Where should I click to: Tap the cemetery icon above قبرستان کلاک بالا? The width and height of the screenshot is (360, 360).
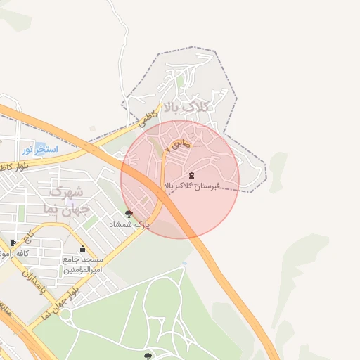click(x=192, y=175)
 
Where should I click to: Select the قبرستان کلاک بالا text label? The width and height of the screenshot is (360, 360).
click(x=192, y=186)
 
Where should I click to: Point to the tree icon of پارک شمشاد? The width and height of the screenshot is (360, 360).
click(x=129, y=214)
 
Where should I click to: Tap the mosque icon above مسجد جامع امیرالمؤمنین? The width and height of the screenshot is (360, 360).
click(x=83, y=248)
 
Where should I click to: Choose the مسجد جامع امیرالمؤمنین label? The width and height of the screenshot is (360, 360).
click(x=83, y=264)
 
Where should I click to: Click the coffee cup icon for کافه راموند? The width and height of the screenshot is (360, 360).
click(x=13, y=243)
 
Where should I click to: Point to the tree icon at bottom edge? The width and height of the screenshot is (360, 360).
click(x=148, y=356)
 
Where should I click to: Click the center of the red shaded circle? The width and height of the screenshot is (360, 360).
click(x=180, y=179)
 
